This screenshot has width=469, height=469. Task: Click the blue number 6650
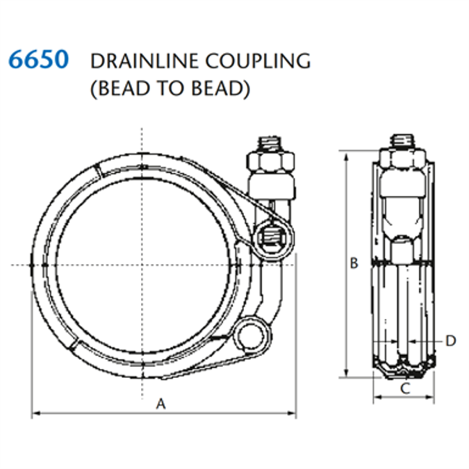tap(39, 60)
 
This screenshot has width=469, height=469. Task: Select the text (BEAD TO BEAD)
tap(170, 89)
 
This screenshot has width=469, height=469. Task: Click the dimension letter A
tap(161, 403)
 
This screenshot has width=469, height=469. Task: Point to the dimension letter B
tap(354, 263)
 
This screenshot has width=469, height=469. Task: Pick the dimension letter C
tap(404, 388)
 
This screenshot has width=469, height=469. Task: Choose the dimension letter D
tap(450, 340)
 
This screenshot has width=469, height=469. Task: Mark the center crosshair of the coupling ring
tap(142, 265)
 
